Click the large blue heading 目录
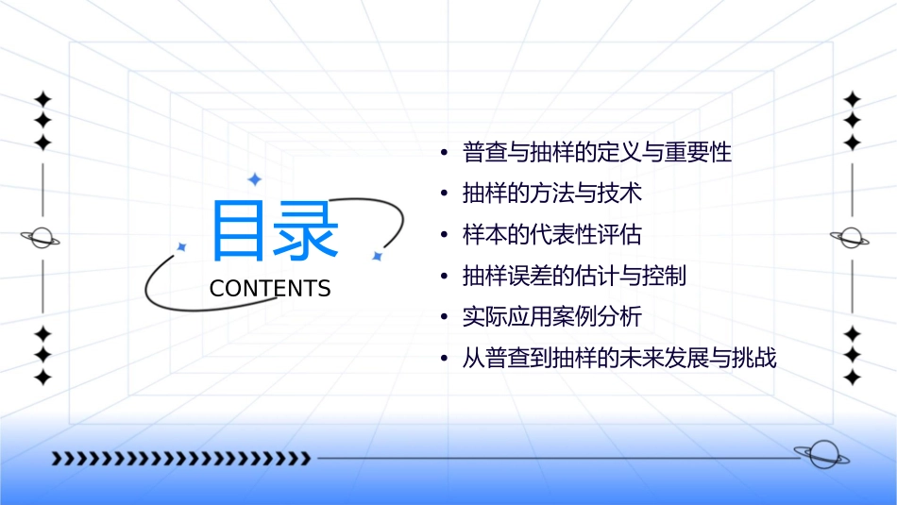point(274,230)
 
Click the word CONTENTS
point(270,289)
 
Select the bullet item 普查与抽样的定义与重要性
point(597,152)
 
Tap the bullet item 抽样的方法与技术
point(552,194)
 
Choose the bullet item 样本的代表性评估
point(552,235)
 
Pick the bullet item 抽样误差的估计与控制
point(574,277)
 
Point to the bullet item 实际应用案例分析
point(552,317)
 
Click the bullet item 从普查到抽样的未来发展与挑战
point(618,359)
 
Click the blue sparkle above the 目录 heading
point(253,179)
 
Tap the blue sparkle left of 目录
point(182,246)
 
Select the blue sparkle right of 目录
point(377,256)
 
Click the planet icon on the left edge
point(42,238)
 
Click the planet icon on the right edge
point(852,238)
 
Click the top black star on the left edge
point(42,99)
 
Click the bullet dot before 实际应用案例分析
point(444,318)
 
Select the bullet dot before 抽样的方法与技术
point(444,194)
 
